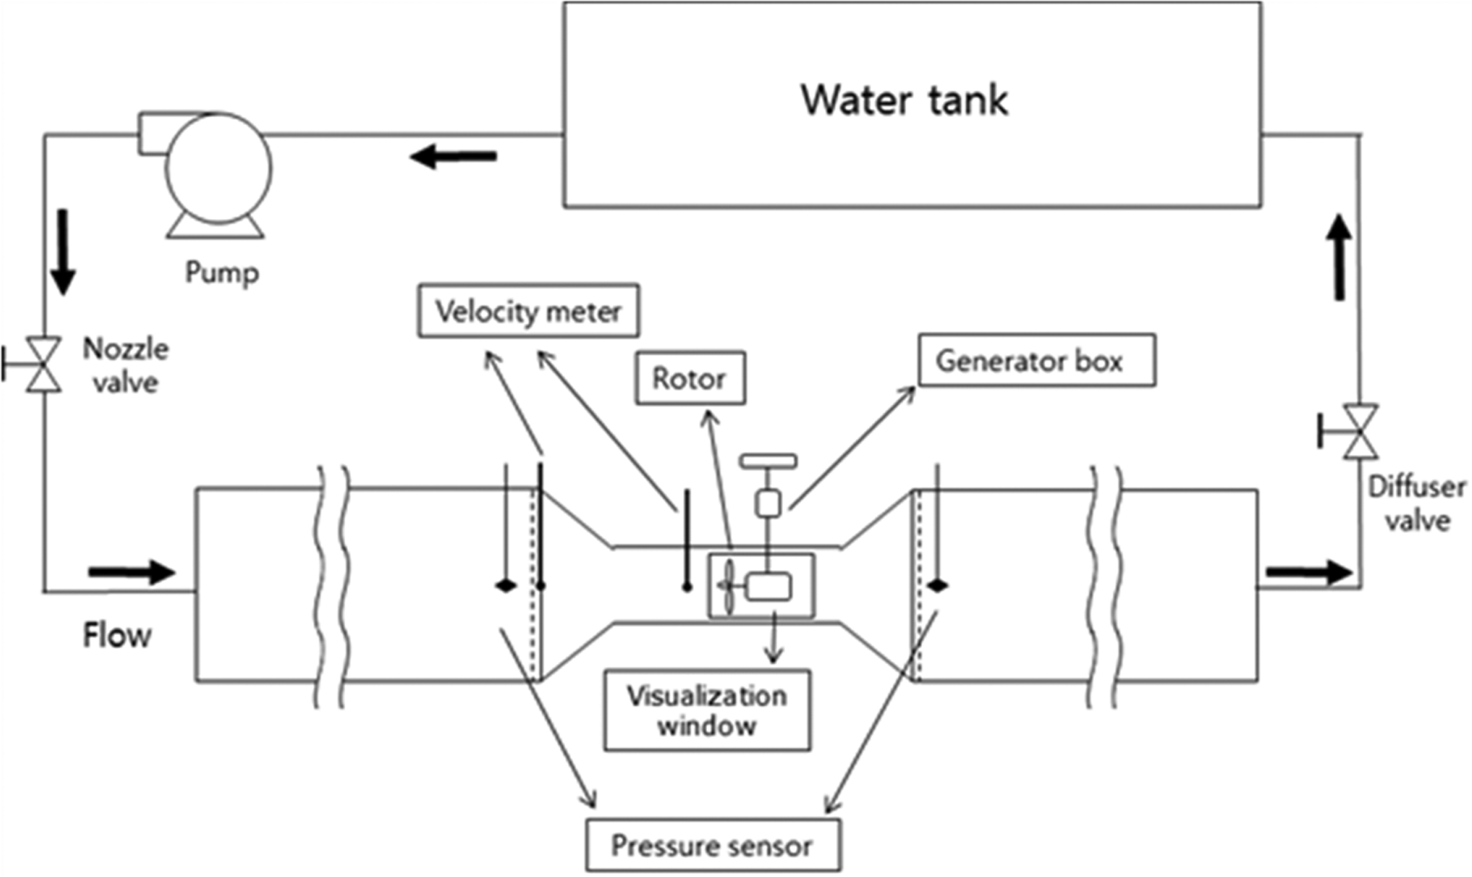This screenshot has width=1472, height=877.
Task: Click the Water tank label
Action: click(905, 101)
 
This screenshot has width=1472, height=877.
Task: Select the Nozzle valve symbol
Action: click(44, 364)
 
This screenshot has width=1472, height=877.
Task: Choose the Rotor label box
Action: click(690, 379)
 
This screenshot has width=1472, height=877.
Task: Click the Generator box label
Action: click(1036, 361)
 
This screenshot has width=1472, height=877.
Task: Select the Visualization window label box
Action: click(707, 710)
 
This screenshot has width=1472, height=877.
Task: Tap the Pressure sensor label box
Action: click(712, 846)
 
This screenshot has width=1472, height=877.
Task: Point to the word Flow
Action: click(117, 636)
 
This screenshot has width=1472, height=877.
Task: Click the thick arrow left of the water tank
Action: click(453, 157)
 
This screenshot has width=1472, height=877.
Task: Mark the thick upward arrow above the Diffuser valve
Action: click(1339, 258)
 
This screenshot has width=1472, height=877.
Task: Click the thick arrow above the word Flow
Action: click(132, 572)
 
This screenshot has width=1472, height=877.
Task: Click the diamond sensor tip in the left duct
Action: click(506, 586)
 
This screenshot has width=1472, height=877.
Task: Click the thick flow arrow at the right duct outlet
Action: click(1309, 572)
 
